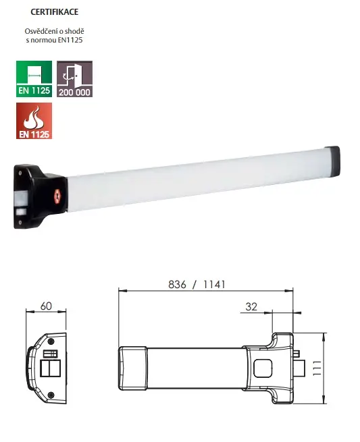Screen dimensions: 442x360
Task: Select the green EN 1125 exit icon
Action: pyautogui.click(x=34, y=78)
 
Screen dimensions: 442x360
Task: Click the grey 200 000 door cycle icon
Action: pyautogui.click(x=74, y=78)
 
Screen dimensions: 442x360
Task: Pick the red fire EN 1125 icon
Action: pyautogui.click(x=34, y=121)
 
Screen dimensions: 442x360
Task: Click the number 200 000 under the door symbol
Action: pyautogui.click(x=74, y=92)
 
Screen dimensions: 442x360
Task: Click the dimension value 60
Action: pyautogui.click(x=46, y=306)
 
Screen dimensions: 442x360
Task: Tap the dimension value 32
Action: pyautogui.click(x=251, y=306)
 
